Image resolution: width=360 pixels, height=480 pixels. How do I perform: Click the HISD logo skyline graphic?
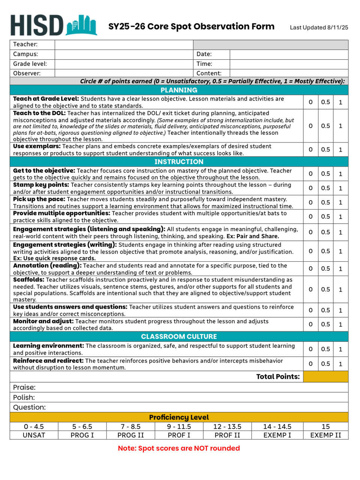pos(82,25)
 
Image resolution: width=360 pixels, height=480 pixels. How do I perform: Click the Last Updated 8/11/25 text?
pos(319,27)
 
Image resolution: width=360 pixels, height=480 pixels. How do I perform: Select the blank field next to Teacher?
pos(124,44)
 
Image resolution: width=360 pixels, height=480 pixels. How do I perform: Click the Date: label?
pos(204,54)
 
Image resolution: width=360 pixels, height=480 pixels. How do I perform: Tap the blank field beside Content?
pos(289,73)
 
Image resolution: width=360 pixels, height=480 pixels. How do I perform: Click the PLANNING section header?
pos(179,90)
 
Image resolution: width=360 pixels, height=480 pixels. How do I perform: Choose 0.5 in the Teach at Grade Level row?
pos(325,102)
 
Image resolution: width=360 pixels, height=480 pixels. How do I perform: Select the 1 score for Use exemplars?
pos(340,149)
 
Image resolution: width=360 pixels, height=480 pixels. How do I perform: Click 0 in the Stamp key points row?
pos(310,188)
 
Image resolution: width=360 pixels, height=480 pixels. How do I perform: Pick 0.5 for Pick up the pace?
pos(325,202)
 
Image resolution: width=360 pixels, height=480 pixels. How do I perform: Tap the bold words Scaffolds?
pos(28,280)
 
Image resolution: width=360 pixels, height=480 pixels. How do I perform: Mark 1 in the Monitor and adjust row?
pos(340,324)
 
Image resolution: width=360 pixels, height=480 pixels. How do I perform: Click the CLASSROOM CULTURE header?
pos(179,336)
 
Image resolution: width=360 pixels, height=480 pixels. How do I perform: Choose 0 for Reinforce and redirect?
pos(310,364)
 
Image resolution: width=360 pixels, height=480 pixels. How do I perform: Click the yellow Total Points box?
pos(325,376)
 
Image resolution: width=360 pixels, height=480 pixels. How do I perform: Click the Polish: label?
pos(24,397)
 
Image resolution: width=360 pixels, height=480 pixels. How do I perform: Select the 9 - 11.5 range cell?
pos(179,426)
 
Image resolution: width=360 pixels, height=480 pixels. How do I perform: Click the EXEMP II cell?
pos(325,435)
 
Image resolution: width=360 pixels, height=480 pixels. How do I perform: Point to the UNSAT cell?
pos(34,435)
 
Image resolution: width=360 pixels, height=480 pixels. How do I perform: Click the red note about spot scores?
pos(179,448)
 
